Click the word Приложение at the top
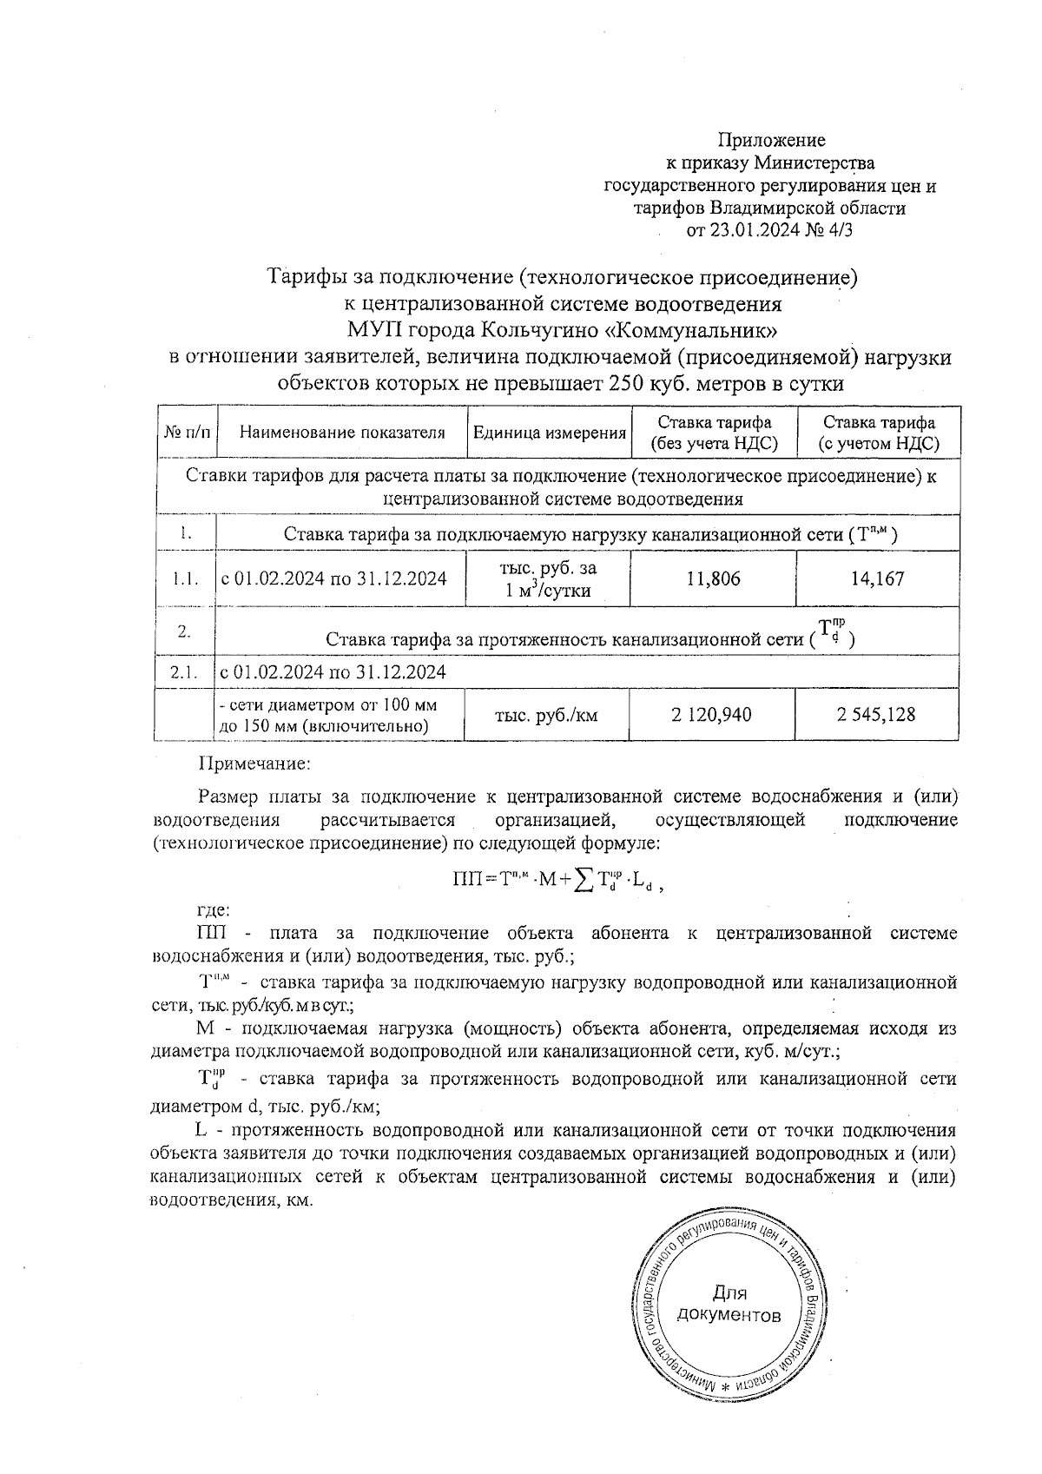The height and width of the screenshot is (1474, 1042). pos(771,140)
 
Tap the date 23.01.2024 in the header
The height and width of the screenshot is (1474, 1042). pos(747,230)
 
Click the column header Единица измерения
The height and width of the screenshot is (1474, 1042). pos(549,433)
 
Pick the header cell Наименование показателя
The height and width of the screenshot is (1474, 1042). pos(341,433)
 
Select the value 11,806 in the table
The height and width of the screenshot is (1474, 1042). pos(713,578)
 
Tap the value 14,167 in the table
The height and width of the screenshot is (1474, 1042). pos(877,578)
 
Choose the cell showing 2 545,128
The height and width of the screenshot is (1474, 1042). pos(876,715)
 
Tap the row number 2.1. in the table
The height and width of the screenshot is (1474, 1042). pos(185,672)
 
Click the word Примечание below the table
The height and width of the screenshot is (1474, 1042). pos(254,764)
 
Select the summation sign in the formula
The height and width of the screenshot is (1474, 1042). pos(584,879)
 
